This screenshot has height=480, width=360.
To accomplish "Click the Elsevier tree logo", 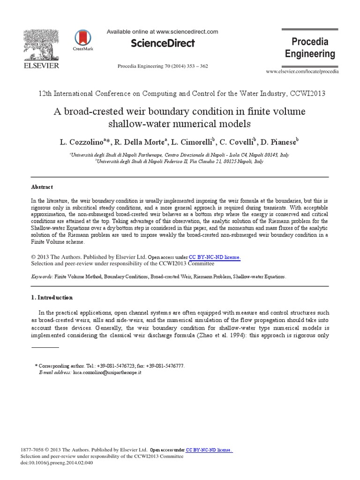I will pyautogui.click(x=41, y=45).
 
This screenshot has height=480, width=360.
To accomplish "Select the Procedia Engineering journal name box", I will pyautogui.click(x=310, y=48).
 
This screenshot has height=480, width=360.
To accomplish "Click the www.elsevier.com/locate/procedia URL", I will pyautogui.click(x=302, y=71).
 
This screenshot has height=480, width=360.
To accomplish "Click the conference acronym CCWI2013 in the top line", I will pyautogui.click(x=307, y=94).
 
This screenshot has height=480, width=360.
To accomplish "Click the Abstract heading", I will pyautogui.click(x=42, y=187).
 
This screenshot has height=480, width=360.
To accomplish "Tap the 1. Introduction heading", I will pyautogui.click(x=52, y=297).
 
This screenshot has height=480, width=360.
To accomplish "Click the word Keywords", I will pyautogui.click(x=41, y=277).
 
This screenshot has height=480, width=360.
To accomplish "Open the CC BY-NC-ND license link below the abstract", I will pyautogui.click(x=215, y=257).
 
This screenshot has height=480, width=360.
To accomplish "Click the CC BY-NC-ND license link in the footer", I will pyautogui.click(x=209, y=450).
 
